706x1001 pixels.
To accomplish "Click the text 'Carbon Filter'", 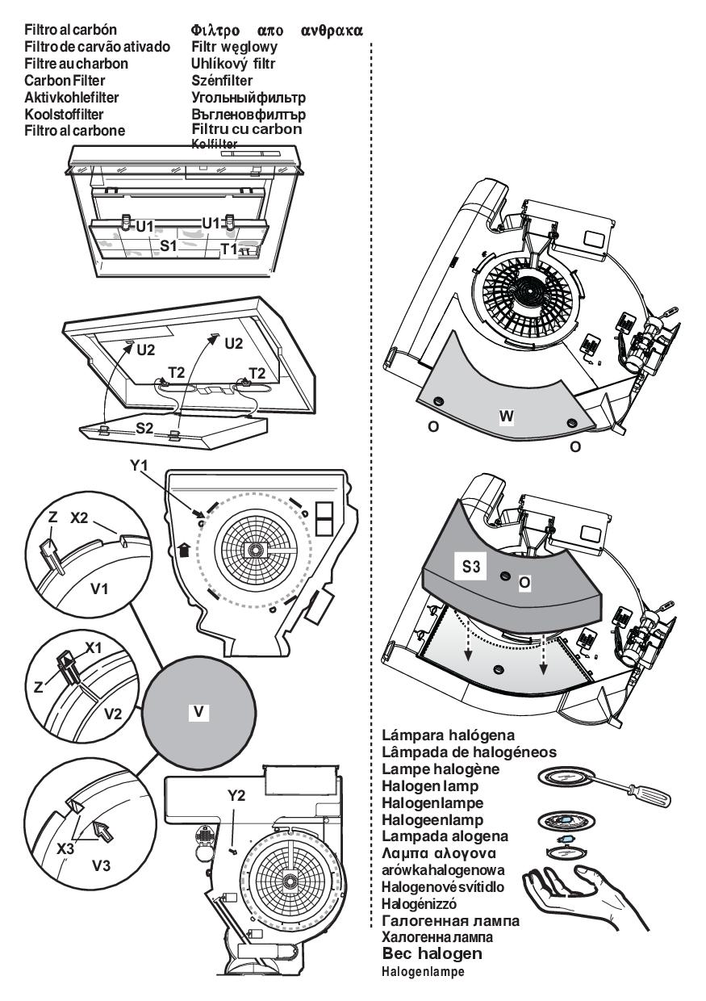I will [x=65, y=80].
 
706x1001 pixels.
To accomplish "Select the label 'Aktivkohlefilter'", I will [x=72, y=97].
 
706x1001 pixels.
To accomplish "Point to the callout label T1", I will [x=230, y=250].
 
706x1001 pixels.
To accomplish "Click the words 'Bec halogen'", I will [x=432, y=954].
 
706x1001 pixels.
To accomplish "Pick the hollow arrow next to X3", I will [x=102, y=827].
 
